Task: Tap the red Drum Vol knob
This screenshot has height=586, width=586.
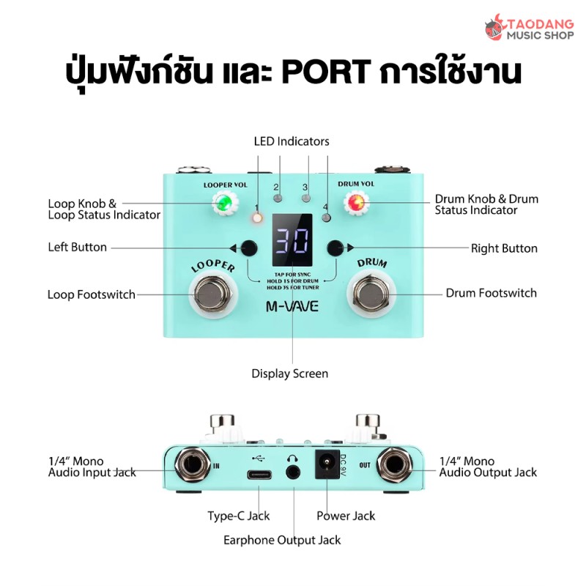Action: [357, 203]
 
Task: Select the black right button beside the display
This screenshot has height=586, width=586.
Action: [335, 248]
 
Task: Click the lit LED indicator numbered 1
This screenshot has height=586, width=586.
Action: [258, 218]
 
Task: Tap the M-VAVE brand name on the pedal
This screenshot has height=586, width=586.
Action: [292, 306]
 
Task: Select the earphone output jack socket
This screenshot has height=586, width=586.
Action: [294, 473]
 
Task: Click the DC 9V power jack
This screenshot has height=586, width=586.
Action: [325, 467]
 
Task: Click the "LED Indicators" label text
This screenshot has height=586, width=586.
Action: [292, 141]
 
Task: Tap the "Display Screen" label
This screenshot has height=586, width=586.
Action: [290, 374]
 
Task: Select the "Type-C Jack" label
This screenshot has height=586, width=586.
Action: [238, 516]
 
